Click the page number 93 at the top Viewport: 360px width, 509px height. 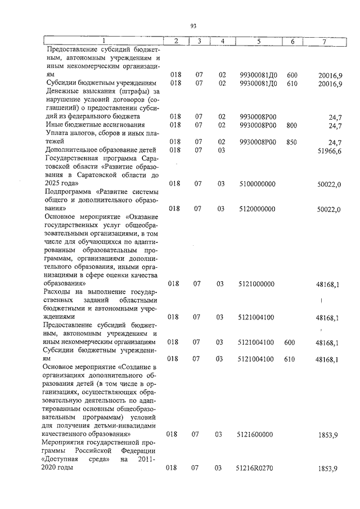pos(193,26)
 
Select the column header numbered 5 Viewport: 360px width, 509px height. pos(258,42)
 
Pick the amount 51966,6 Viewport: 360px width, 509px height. pos(331,150)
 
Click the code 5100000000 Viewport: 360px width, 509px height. pos(258,184)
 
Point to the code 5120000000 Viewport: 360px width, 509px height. pos(258,209)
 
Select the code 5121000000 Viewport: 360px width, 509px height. pos(256,284)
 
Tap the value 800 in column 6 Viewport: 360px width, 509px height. pos(292,125)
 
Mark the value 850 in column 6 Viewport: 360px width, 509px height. pos(292,142)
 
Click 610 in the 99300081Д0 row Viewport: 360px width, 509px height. pos(292,83)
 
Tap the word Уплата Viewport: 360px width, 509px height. pos(58,133)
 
